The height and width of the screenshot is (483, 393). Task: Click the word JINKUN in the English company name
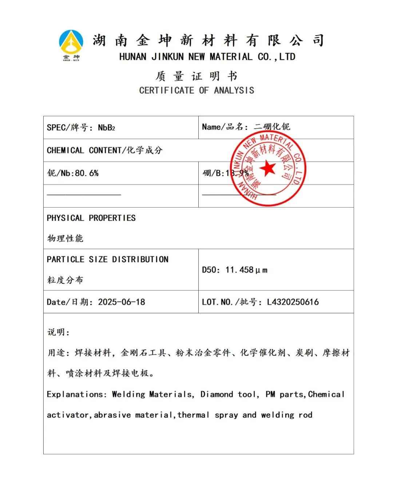coord(168,57)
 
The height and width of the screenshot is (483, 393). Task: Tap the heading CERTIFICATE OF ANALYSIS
coord(196,90)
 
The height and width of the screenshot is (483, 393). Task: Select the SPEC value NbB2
coord(106,127)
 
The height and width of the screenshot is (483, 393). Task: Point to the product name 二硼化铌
coord(272,127)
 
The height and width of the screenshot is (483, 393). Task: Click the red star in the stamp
coord(268,168)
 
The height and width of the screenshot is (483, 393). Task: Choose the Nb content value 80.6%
coord(87,173)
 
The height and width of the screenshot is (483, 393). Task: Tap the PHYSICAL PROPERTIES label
coord(91,218)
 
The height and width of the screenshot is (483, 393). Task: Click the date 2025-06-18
coord(122,302)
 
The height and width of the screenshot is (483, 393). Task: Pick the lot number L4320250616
coord(293,302)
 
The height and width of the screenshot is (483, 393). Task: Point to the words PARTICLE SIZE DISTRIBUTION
coord(107,259)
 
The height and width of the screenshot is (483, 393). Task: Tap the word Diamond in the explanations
coord(217,394)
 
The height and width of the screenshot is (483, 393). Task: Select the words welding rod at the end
coord(286,415)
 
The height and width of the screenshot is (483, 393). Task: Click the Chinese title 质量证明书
coord(196,76)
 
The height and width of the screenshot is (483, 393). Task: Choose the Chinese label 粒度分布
coord(65,280)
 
